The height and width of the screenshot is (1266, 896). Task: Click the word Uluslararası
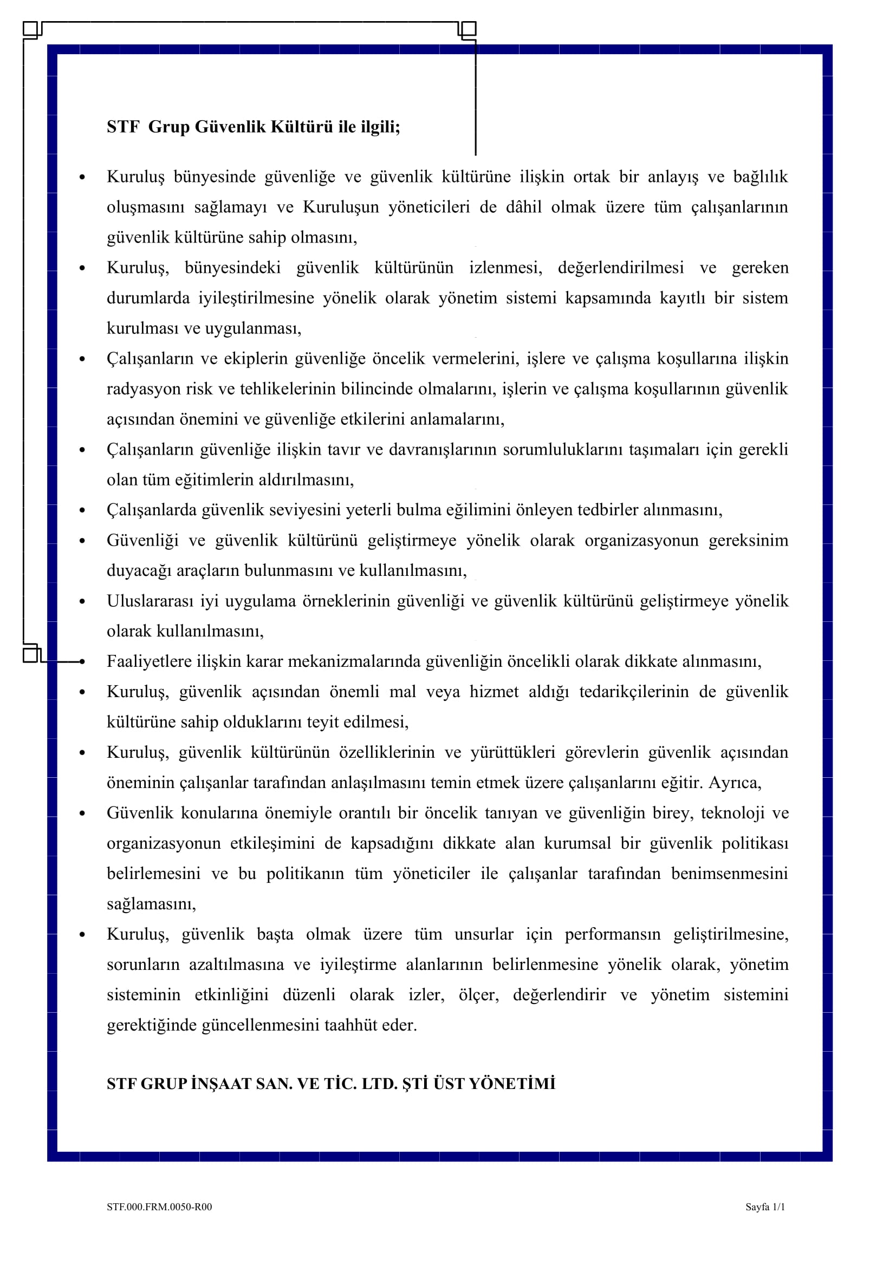[x=150, y=601]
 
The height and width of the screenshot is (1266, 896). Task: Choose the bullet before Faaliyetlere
[x=82, y=661]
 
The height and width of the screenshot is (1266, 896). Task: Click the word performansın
[x=613, y=935]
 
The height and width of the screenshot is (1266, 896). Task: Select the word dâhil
[x=524, y=207]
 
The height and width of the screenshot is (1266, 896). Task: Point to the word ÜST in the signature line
[x=449, y=1084]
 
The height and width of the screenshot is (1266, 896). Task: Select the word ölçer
[x=478, y=995]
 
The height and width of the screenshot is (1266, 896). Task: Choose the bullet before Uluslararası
[x=82, y=601]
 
